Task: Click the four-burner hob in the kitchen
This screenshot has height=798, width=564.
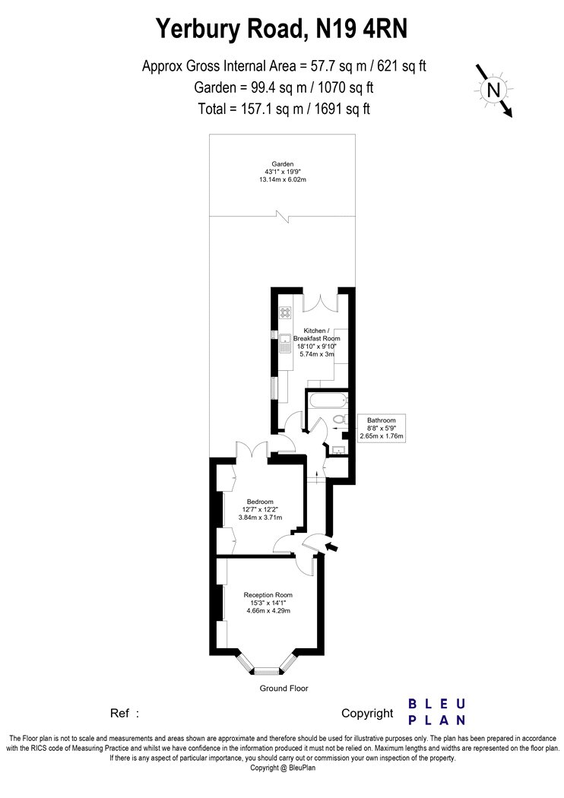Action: point(285,312)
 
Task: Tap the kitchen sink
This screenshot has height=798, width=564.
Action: point(285,342)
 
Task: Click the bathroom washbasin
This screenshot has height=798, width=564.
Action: point(337,449)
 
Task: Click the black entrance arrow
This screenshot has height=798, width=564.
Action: point(331,547)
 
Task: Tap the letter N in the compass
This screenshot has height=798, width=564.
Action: point(493,90)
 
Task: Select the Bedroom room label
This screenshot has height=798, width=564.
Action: point(260,502)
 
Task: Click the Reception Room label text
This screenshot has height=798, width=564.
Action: point(268,595)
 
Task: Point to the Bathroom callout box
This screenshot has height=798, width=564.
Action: point(382,428)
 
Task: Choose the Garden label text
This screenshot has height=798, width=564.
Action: point(283,164)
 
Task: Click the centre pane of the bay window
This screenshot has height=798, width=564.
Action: point(266,671)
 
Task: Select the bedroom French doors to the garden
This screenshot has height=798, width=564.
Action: point(252,449)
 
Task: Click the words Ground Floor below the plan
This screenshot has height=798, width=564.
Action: point(284,688)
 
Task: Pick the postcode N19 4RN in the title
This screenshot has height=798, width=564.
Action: point(362,29)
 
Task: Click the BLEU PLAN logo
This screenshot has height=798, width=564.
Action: point(437,711)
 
